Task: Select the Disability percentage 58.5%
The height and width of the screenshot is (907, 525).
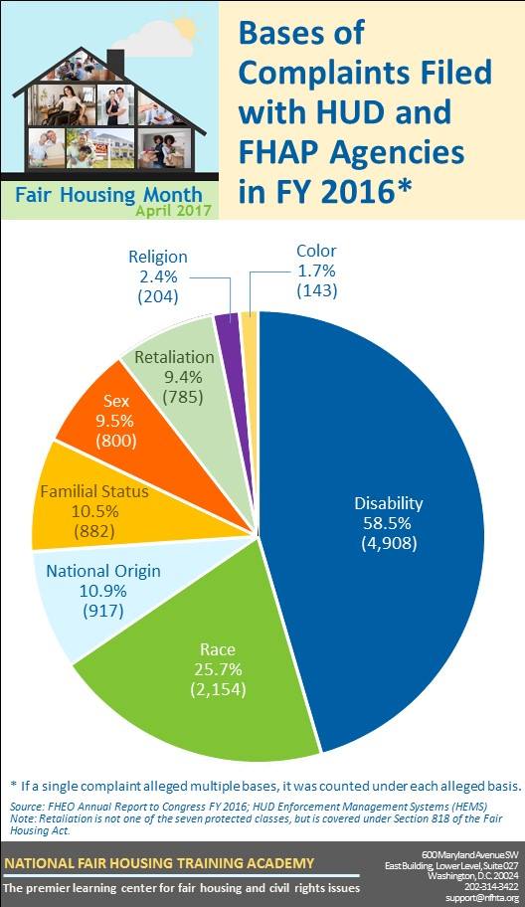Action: pyautogui.click(x=388, y=523)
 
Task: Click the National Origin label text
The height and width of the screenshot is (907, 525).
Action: pyautogui.click(x=103, y=571)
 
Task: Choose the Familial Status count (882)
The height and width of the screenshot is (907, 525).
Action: pyautogui.click(x=94, y=531)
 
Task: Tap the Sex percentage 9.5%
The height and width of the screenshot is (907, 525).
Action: pyautogui.click(x=115, y=421)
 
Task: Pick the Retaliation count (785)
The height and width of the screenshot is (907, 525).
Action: pyautogui.click(x=183, y=397)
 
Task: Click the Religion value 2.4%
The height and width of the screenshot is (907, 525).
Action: pyautogui.click(x=158, y=276)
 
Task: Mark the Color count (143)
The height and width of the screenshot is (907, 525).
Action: pyautogui.click(x=316, y=291)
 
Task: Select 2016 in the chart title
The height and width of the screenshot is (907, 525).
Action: pyautogui.click(x=357, y=191)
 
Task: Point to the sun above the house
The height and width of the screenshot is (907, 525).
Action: pyautogui.click(x=185, y=27)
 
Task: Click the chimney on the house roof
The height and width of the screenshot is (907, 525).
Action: pyautogui.click(x=115, y=63)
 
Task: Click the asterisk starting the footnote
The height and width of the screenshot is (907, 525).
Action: pyautogui.click(x=14, y=785)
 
